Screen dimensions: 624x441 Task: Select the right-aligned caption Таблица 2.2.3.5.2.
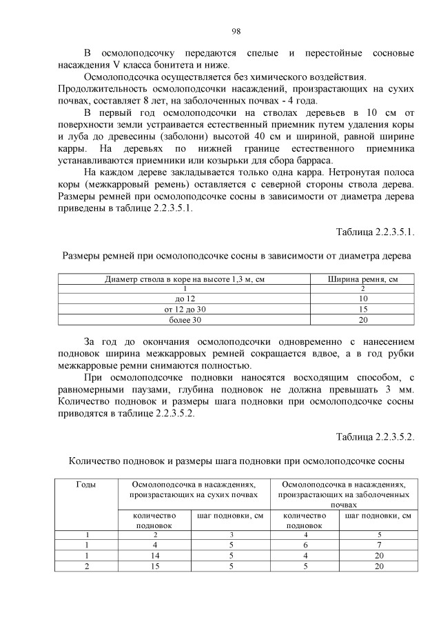click(375, 436)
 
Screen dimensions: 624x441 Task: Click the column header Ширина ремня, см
click(363, 279)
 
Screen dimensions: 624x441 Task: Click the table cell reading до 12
click(185, 299)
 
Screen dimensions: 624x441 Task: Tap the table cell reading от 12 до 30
click(185, 310)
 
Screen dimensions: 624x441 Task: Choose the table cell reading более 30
click(185, 320)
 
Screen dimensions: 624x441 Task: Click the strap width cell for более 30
click(363, 320)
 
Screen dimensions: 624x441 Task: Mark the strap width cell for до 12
click(363, 299)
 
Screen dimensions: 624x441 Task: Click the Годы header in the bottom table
click(85, 485)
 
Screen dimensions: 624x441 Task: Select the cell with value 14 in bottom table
click(156, 555)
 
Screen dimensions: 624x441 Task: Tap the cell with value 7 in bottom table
click(378, 545)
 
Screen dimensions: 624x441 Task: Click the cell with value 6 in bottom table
click(305, 545)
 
